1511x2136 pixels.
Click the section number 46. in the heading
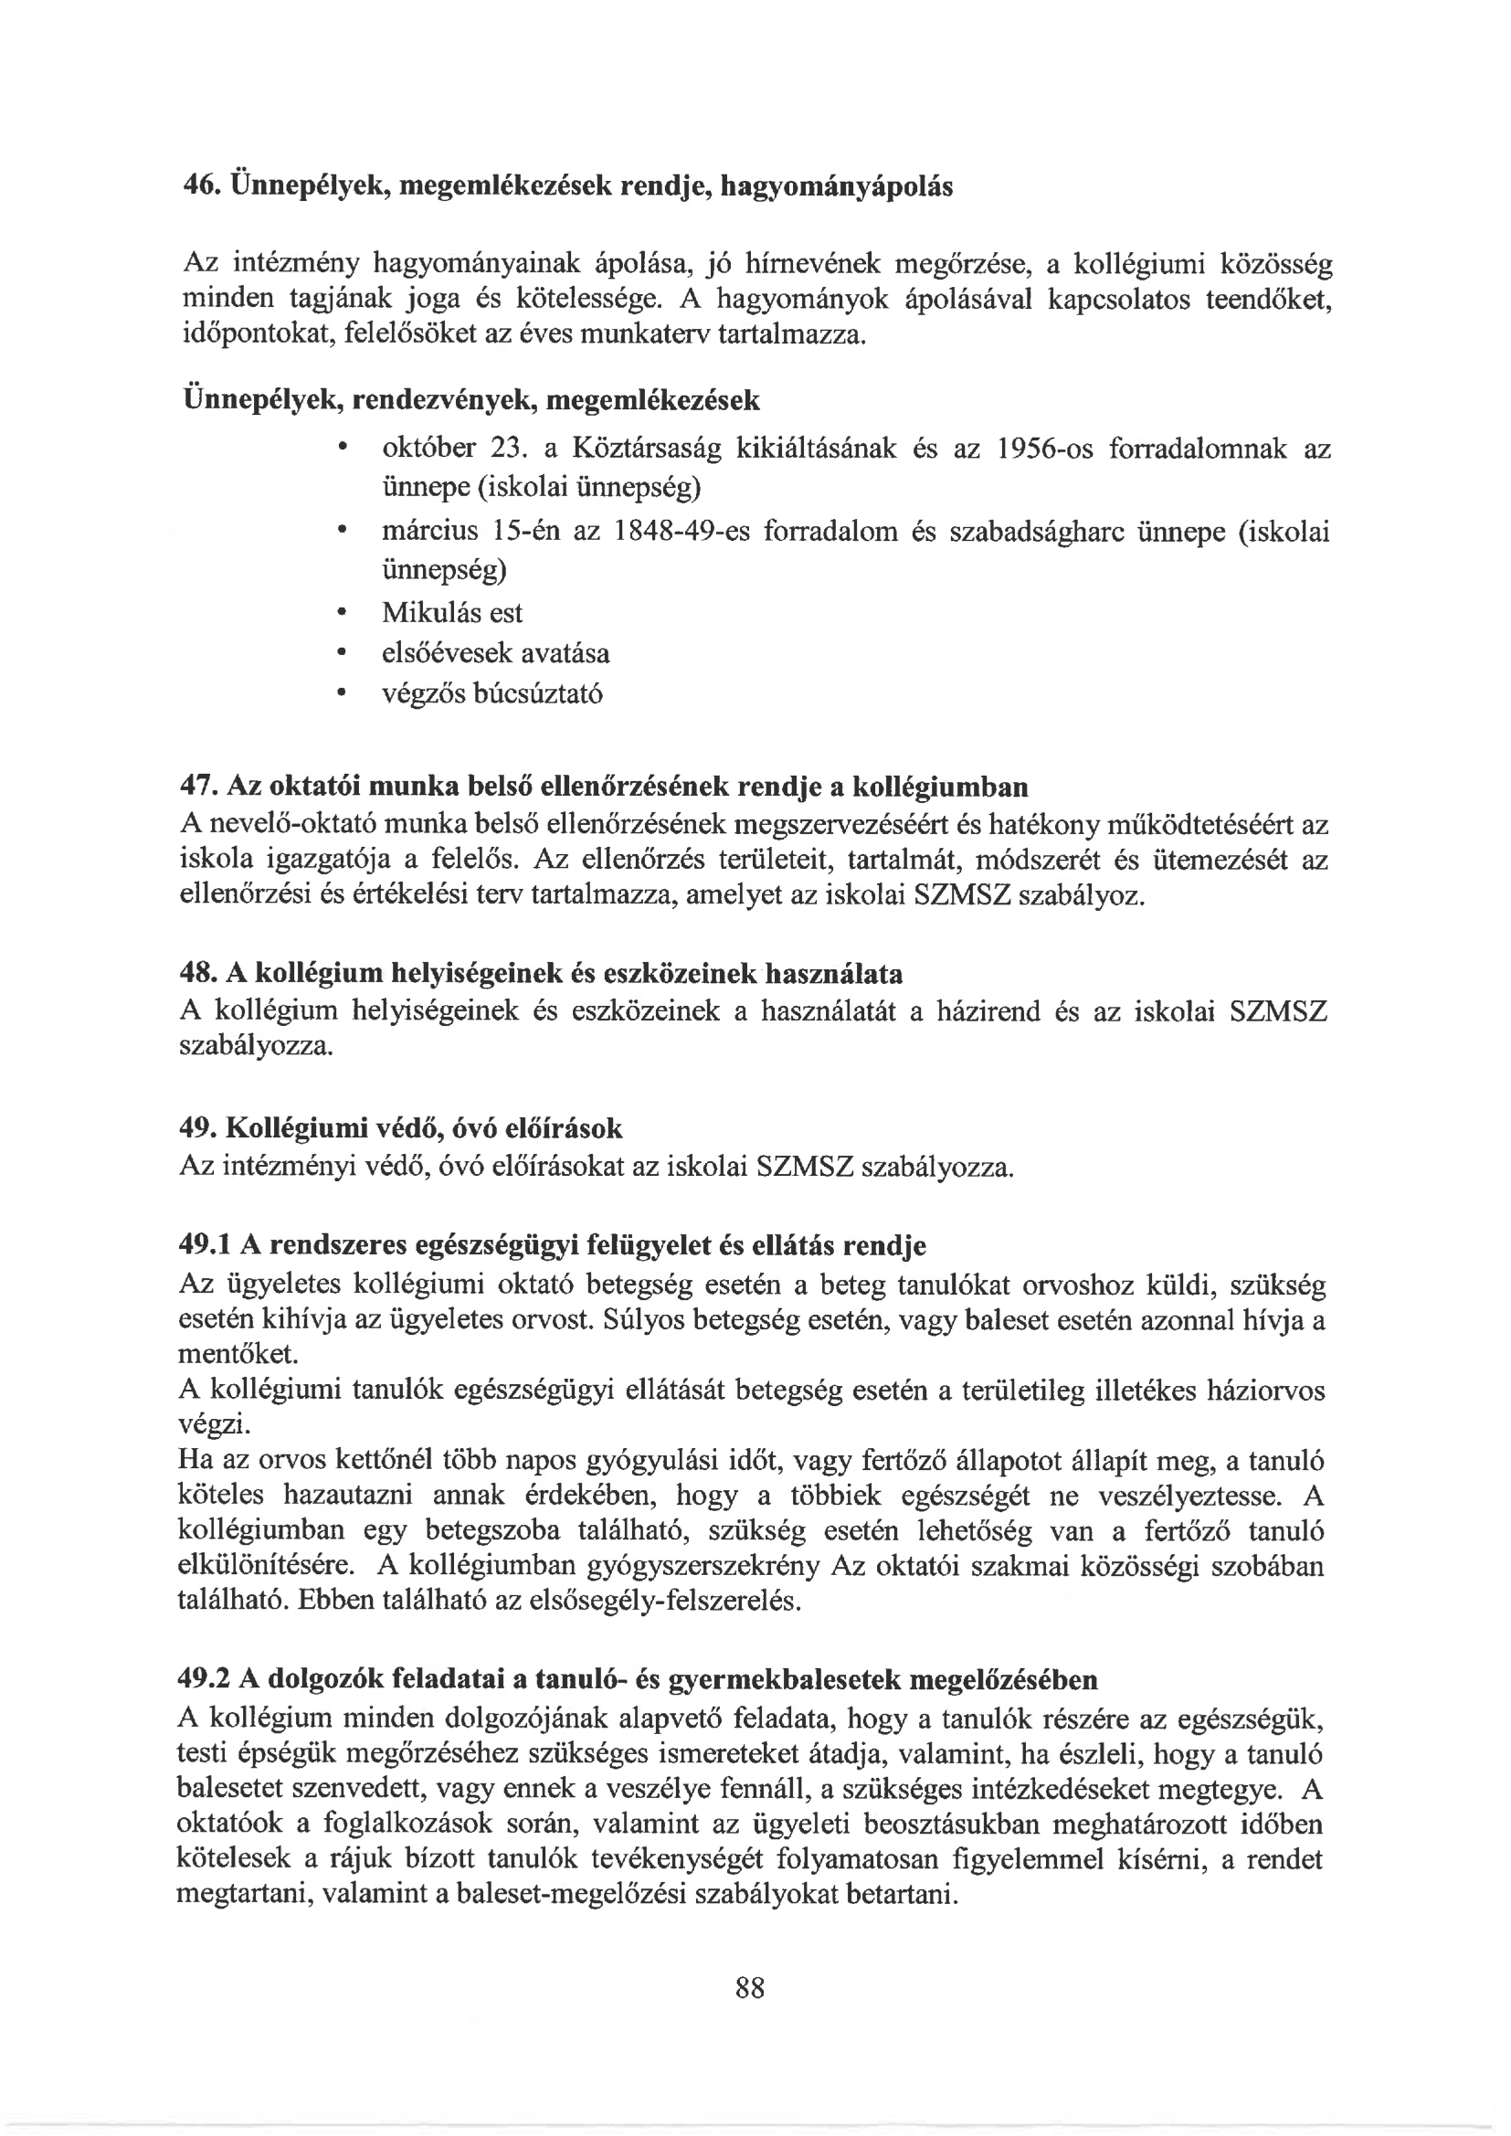(x=198, y=186)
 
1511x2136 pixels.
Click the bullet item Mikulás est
(x=452, y=613)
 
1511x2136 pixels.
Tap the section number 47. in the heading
(x=197, y=787)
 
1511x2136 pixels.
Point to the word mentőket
(x=238, y=1353)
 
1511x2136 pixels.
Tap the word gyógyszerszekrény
(x=703, y=1567)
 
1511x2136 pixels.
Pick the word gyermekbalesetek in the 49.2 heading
(x=785, y=1680)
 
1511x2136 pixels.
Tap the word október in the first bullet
(x=429, y=449)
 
